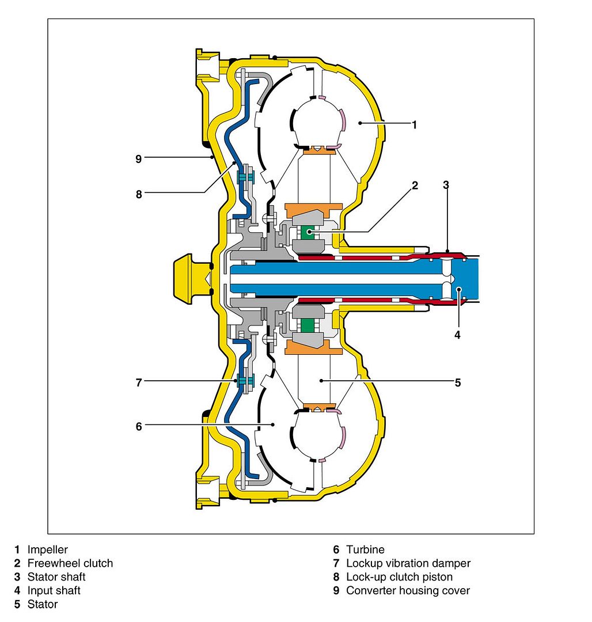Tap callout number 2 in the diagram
pos(415,185)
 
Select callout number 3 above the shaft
pos(446,185)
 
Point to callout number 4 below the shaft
pos(458,334)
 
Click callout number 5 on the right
pos(457,382)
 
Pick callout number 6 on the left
pos(138,426)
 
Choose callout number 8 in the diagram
pos(138,194)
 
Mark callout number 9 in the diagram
pos(138,158)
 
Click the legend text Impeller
pos(47,550)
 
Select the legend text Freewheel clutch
pos(70,563)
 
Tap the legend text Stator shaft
pos(56,577)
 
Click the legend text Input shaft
pos(54,590)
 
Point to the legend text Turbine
pos(365,550)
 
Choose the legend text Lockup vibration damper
pos(408,563)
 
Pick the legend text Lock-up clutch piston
pos(399,577)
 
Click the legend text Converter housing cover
pos(408,590)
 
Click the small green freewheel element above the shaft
pos(308,232)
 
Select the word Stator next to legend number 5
pos(43,604)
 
